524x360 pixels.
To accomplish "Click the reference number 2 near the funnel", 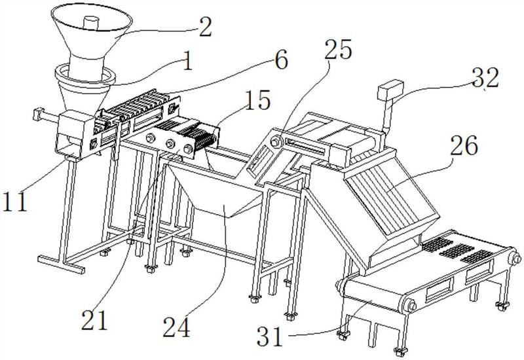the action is point(205,27).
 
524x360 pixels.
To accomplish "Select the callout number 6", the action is point(281,60).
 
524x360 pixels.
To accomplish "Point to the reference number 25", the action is point(339,50).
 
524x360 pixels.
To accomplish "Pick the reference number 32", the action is point(485,77).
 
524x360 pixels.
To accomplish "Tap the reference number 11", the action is point(14,202).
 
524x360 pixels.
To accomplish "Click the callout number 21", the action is point(94,319).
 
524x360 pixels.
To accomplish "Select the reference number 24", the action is point(176,327).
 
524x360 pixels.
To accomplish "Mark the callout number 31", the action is point(270,336).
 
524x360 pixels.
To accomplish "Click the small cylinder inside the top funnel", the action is point(90,23).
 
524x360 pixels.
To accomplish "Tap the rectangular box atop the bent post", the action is point(390,90).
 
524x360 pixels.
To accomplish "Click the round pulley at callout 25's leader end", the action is point(276,141).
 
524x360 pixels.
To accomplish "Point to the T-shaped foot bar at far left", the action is point(61,264).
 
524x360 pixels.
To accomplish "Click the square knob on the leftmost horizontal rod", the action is point(38,114).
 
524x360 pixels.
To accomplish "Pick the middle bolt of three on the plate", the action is point(170,143).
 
